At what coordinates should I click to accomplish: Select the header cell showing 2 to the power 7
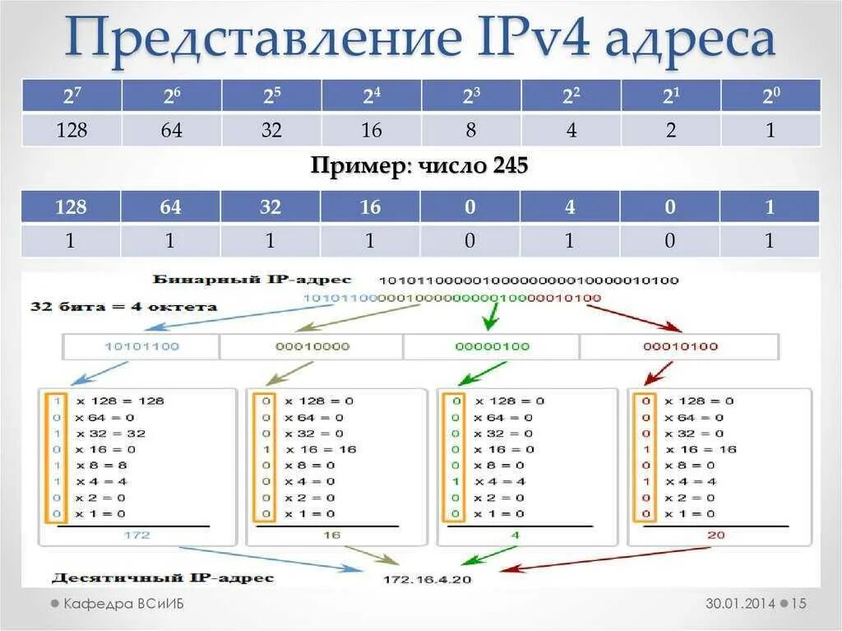(x=72, y=96)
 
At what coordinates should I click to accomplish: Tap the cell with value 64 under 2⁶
(x=172, y=130)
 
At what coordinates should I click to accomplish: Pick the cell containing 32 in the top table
(x=271, y=130)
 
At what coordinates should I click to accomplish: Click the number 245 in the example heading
(x=511, y=166)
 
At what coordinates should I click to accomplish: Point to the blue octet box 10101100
(x=141, y=346)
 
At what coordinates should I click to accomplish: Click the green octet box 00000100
(x=492, y=346)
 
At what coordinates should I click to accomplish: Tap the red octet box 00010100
(x=680, y=346)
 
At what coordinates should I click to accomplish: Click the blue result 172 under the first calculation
(x=137, y=535)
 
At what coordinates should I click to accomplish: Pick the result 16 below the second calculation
(x=331, y=535)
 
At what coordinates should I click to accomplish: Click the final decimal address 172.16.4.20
(x=427, y=580)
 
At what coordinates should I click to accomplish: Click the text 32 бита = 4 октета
(x=123, y=307)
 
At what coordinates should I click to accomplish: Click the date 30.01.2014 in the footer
(x=740, y=604)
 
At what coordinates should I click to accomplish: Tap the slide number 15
(x=799, y=604)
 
